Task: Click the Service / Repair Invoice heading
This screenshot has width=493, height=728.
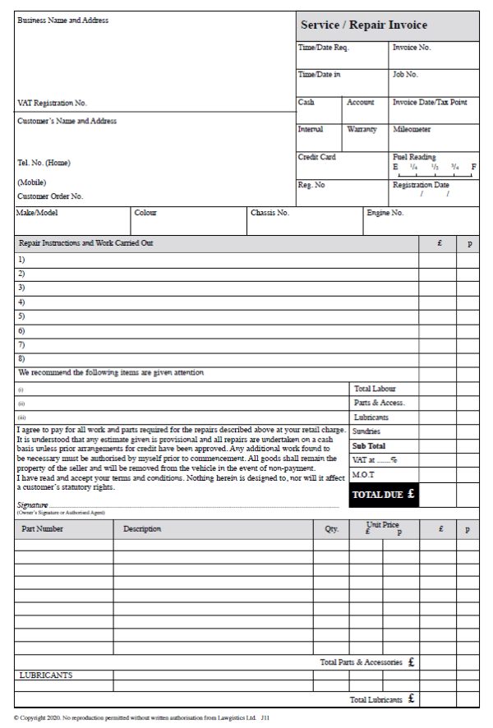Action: (364, 25)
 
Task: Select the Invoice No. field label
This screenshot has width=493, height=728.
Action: (412, 48)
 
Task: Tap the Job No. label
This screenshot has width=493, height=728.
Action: (406, 75)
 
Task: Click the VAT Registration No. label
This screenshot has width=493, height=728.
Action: (52, 104)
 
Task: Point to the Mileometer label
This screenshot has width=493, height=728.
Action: (412, 130)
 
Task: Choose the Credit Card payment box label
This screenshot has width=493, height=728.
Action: (316, 157)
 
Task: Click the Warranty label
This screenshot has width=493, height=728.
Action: (362, 130)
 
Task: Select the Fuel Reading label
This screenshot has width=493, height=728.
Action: (414, 157)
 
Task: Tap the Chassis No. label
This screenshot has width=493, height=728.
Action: (270, 213)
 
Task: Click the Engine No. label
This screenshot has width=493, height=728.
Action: (385, 213)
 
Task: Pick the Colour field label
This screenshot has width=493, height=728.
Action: (145, 213)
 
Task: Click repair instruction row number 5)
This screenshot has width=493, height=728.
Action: (21, 316)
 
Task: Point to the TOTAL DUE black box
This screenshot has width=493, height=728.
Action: (384, 495)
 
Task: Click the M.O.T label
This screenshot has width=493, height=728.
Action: (363, 475)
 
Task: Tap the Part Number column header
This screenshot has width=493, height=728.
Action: (42, 529)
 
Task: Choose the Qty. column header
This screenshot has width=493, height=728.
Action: (331, 529)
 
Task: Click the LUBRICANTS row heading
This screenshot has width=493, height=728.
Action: (45, 675)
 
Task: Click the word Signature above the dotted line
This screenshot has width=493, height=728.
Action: (33, 505)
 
